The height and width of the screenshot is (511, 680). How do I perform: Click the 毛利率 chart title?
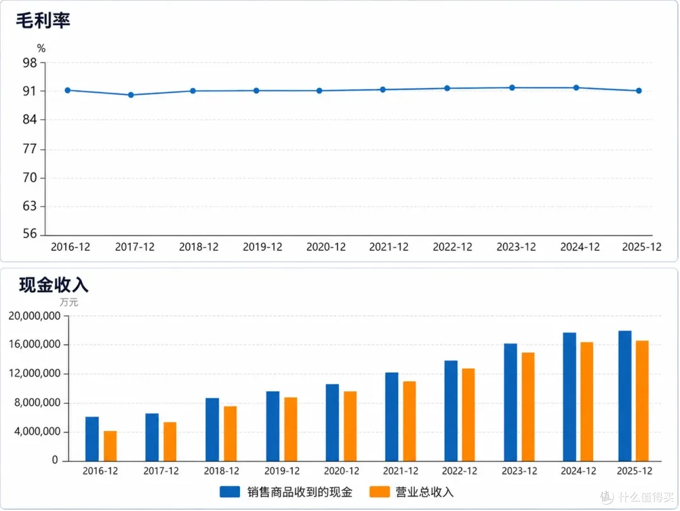point(43,20)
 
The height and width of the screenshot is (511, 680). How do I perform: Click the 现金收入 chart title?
point(54,285)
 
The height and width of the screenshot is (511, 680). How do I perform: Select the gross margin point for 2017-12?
point(131,95)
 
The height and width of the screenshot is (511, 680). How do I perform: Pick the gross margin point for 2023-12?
point(512,88)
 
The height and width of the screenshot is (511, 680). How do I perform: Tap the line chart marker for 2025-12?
point(639,91)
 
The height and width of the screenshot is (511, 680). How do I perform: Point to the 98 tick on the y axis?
point(30,63)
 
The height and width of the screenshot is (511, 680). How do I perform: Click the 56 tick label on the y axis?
point(30,234)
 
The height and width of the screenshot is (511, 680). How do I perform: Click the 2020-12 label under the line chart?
point(326,247)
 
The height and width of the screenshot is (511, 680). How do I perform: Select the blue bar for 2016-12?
point(92,439)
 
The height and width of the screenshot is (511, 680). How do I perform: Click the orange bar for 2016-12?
point(110,446)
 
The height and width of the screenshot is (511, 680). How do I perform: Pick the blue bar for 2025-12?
point(625,396)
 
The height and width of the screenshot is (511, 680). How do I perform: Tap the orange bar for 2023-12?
point(528,407)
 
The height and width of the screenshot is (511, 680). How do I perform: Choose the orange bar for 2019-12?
point(290,429)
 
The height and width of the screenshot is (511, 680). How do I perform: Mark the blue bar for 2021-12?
point(392,416)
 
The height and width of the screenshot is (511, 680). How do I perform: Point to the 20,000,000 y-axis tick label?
point(34,316)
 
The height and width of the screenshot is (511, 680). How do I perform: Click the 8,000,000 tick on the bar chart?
point(37,403)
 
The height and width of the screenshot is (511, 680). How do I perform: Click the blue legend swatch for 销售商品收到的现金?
point(230,491)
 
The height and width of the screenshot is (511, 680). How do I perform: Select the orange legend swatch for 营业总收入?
point(380,491)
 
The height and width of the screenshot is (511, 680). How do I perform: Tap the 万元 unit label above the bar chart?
point(69,302)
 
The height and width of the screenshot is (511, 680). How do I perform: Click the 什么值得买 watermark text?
point(646,497)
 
